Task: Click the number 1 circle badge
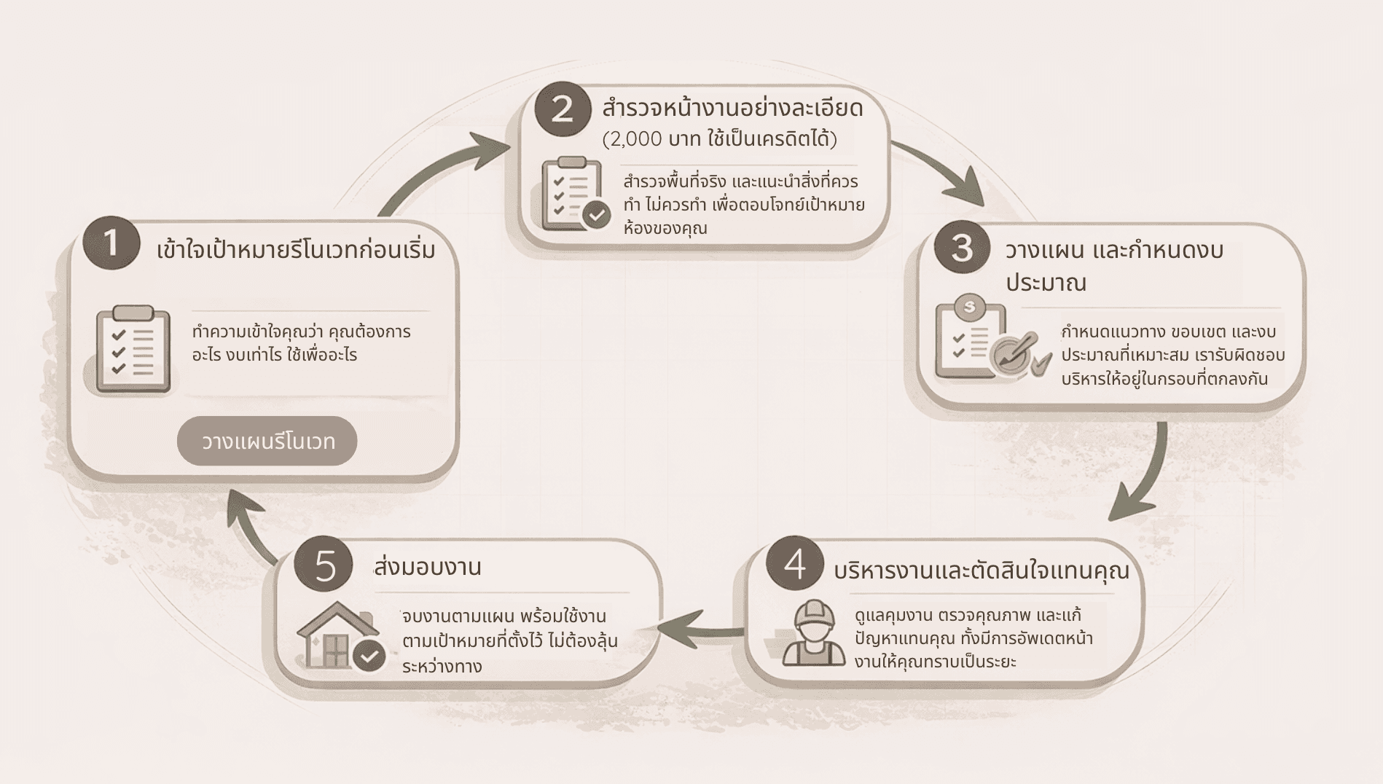pyautogui.click(x=111, y=243)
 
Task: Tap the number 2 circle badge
pyautogui.click(x=563, y=109)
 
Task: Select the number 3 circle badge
pyautogui.click(x=962, y=247)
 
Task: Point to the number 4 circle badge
pyautogui.click(x=795, y=564)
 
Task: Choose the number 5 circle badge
pyautogui.click(x=324, y=565)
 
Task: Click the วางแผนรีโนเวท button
pyautogui.click(x=267, y=441)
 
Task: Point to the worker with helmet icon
pyautogui.click(x=814, y=633)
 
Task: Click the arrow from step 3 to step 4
pyautogui.click(x=1144, y=474)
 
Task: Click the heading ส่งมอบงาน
pyautogui.click(x=428, y=567)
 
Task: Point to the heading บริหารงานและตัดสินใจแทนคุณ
pyautogui.click(x=981, y=571)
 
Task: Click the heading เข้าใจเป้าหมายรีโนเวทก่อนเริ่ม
pyautogui.click(x=296, y=250)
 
